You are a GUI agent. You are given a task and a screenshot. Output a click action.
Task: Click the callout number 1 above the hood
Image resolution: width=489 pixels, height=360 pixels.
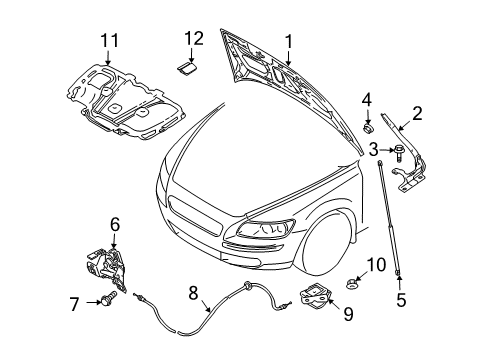(288, 42)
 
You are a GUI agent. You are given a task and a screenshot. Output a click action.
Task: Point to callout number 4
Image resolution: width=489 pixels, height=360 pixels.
(367, 99)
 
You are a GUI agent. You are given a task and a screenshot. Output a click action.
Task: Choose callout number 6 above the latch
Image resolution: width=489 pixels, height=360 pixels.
(114, 225)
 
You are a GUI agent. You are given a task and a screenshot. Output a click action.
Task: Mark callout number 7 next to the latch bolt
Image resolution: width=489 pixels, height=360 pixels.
(71, 300)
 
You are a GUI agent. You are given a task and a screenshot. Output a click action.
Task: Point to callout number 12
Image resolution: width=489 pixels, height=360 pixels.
(192, 38)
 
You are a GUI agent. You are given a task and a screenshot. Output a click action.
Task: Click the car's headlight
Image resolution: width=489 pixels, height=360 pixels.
(264, 229)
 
